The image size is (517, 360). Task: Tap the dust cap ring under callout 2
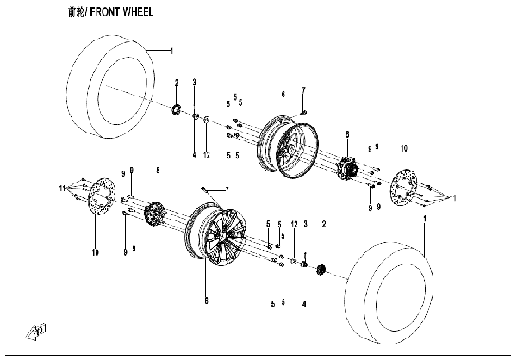(x=178, y=109)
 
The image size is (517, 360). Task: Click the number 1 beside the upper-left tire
(x=171, y=53)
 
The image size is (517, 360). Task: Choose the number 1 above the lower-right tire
(x=425, y=221)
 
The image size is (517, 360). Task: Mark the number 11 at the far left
(x=61, y=187)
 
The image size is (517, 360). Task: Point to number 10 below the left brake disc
(x=96, y=251)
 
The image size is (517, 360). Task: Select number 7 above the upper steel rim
(x=303, y=90)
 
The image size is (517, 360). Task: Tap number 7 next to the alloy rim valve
(x=227, y=189)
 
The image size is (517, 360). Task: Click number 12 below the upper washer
(x=207, y=155)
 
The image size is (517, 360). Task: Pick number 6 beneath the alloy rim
(x=206, y=301)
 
